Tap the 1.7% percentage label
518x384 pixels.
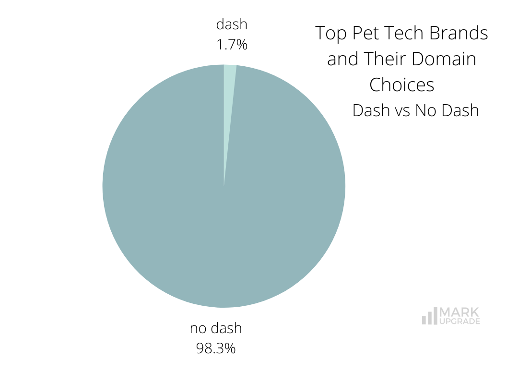coord(232,45)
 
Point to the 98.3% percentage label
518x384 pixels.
coord(216,348)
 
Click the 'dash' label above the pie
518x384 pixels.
coord(232,24)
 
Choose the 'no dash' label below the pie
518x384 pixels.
coord(216,328)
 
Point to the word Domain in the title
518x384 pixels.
coord(446,59)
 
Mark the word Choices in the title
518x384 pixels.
coord(402,85)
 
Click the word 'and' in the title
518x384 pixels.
coord(342,59)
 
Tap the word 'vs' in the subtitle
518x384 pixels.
coord(402,110)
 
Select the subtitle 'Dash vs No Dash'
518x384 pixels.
coord(415,110)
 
